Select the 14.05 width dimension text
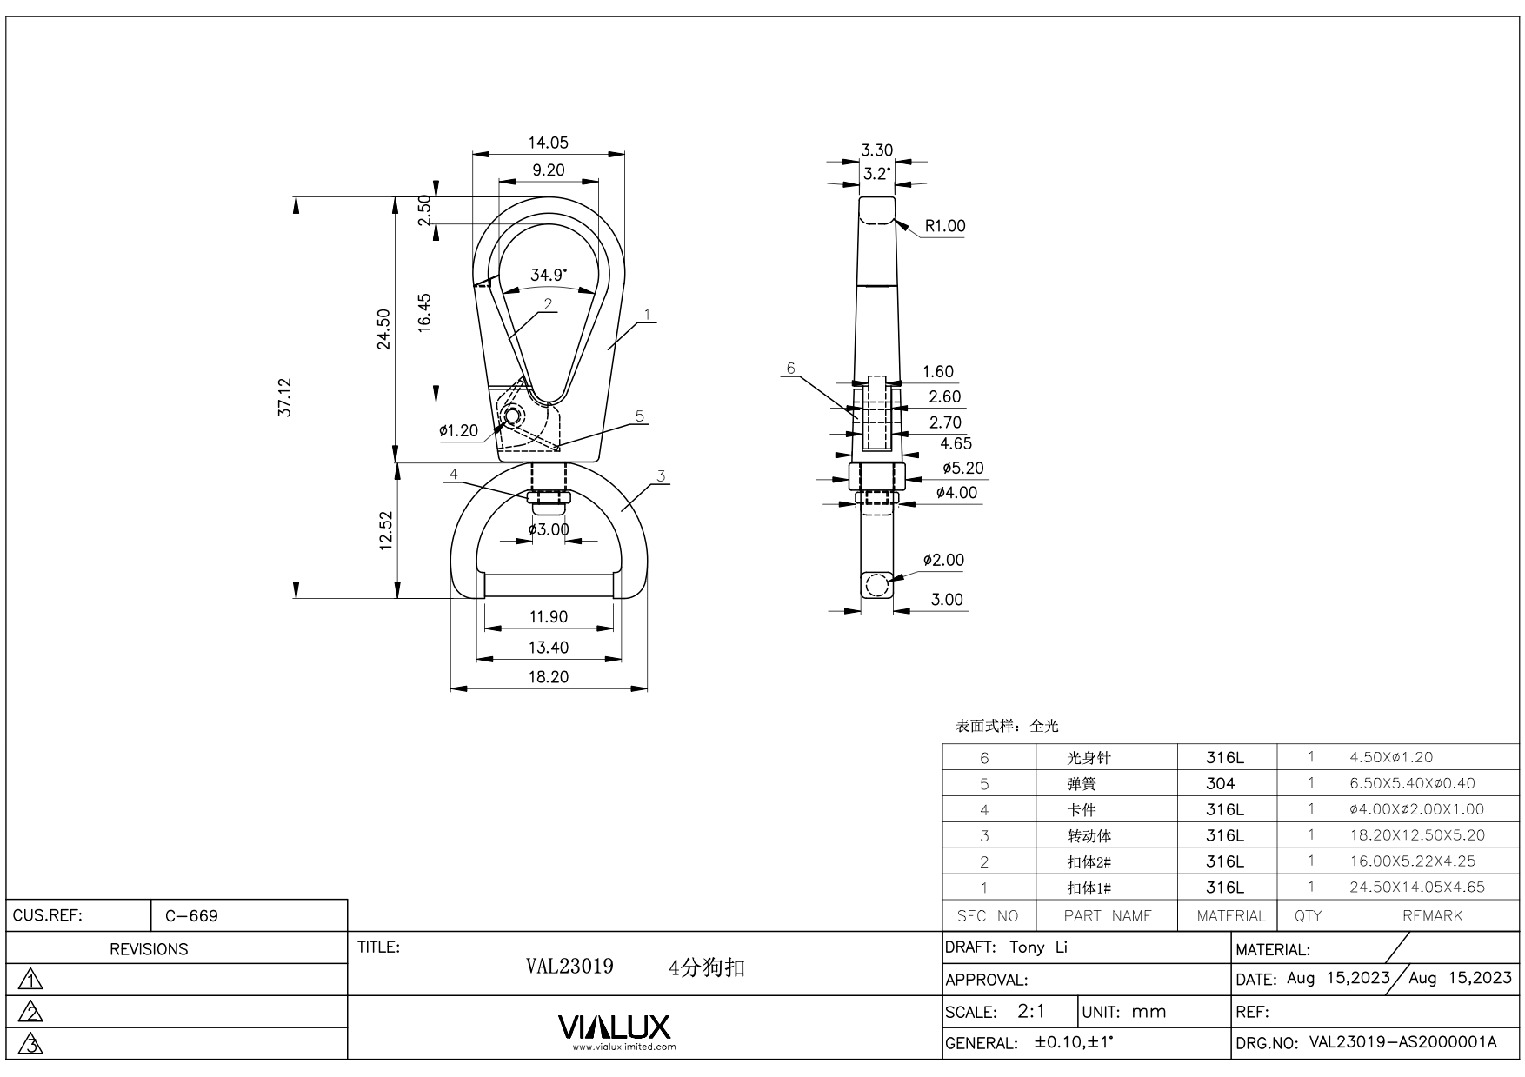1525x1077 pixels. (548, 143)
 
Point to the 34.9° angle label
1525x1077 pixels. (549, 275)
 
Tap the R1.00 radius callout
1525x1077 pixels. (944, 226)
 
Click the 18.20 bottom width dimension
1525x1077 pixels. (548, 677)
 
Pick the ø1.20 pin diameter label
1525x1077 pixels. (458, 430)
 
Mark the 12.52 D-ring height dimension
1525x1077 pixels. (386, 529)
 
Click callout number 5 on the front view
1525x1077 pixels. (640, 416)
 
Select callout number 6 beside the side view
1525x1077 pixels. (790, 369)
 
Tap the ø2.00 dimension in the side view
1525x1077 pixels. (943, 561)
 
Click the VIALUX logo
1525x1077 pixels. (614, 1027)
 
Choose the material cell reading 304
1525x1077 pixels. (1220, 783)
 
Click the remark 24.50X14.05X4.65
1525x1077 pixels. (1416, 888)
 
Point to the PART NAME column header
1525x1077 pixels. (1107, 915)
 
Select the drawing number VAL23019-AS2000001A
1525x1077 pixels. (1402, 1042)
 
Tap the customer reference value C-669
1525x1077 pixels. (191, 916)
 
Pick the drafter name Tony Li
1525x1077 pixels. (1038, 947)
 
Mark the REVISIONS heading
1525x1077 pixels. (149, 949)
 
